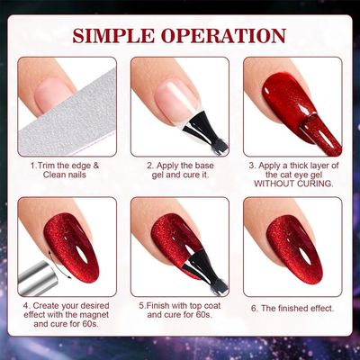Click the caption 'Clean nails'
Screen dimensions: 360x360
(x=67, y=176)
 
